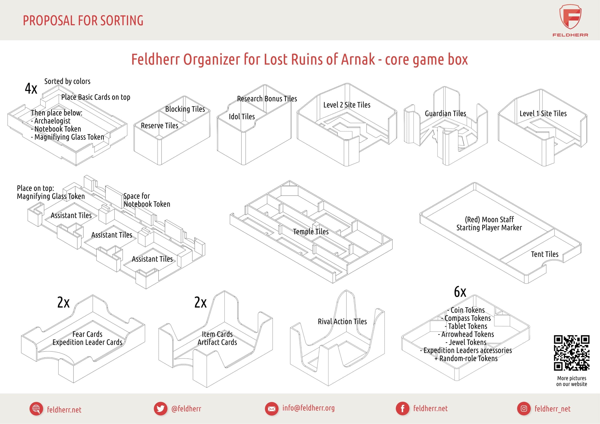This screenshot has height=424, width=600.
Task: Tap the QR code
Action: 571,353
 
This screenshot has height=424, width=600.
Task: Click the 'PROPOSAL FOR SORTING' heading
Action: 83,21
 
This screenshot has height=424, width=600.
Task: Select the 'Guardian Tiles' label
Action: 445,114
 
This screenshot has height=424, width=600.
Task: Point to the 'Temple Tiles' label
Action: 311,232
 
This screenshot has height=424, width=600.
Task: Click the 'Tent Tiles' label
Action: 544,254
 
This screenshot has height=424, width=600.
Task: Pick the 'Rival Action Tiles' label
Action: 342,322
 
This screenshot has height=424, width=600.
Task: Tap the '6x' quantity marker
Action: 460,292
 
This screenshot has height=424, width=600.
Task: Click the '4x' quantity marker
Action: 31,88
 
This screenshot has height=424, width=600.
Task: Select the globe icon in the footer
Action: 36,409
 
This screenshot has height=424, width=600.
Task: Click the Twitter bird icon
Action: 160,409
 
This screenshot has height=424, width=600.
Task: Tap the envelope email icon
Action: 271,409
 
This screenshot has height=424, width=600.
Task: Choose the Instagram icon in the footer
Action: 524,409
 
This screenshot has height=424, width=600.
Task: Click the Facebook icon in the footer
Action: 402,409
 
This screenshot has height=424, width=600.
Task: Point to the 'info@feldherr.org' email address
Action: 308,408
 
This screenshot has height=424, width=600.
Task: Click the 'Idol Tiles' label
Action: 242,116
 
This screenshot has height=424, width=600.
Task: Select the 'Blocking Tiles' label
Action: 185,109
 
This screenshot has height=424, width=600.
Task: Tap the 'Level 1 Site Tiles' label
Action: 543,114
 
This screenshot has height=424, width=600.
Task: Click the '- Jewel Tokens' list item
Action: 466,342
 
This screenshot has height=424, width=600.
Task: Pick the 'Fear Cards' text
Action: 87,334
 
